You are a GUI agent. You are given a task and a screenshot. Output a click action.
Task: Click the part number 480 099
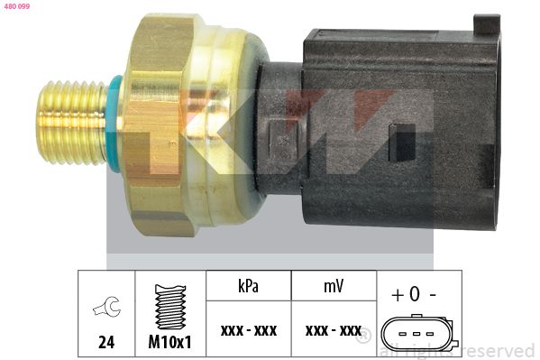(17, 6)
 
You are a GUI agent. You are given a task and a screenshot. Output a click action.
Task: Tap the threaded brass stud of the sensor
(72, 123)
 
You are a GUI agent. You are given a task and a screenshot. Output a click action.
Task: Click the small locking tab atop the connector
(487, 24)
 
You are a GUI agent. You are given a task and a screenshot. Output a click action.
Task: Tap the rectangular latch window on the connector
(402, 143)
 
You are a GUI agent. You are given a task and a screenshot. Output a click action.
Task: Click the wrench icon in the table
(106, 307)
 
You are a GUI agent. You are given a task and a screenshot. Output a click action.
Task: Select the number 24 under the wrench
(106, 343)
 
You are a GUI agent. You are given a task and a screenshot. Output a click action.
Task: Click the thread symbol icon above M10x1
(170, 307)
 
